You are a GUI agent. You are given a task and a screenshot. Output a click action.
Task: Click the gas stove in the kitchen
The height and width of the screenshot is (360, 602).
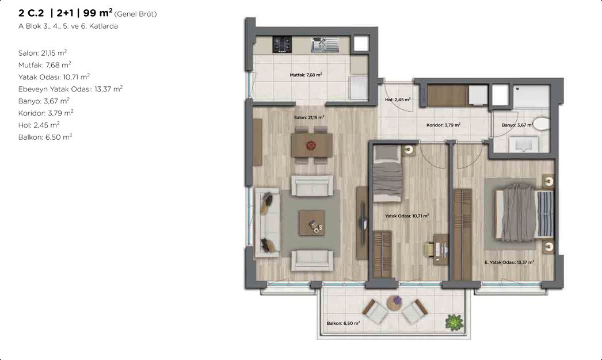pyautogui.click(x=282, y=44)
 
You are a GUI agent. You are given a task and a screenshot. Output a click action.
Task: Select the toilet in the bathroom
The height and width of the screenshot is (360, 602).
pyautogui.click(x=542, y=124)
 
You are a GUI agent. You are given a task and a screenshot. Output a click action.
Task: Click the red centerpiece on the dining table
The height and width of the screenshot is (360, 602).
pyautogui.click(x=311, y=145)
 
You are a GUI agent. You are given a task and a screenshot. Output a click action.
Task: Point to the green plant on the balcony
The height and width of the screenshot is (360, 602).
pyautogui.click(x=454, y=322)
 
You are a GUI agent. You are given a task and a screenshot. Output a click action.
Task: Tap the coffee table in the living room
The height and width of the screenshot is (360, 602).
pyautogui.click(x=312, y=223)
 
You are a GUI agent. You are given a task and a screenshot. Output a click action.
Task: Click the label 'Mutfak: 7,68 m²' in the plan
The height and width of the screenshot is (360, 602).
pyautogui.click(x=306, y=75)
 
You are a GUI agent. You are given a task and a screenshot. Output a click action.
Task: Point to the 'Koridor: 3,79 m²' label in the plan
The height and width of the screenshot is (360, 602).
pyautogui.click(x=443, y=125)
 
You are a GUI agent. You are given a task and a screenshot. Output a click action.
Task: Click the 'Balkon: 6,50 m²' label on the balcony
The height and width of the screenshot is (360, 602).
pyautogui.click(x=343, y=323)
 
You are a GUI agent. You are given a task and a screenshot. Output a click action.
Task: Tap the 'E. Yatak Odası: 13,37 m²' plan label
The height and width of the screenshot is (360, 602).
pyautogui.click(x=509, y=262)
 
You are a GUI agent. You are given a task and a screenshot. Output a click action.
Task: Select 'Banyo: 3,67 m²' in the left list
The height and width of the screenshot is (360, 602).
pyautogui.click(x=44, y=101)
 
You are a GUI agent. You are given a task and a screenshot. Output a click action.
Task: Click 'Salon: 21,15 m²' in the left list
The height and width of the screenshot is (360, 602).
pyautogui.click(x=43, y=53)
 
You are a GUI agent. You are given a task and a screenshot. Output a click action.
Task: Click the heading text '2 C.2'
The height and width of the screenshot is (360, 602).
pyautogui.click(x=32, y=13)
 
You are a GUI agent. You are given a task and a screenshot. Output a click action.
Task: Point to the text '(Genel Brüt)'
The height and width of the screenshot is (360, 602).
pyautogui.click(x=135, y=14)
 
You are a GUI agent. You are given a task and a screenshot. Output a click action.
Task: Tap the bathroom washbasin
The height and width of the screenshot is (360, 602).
pyautogui.click(x=524, y=144)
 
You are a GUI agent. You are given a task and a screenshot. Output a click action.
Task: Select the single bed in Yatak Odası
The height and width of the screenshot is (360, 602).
pyautogui.click(x=388, y=174)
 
